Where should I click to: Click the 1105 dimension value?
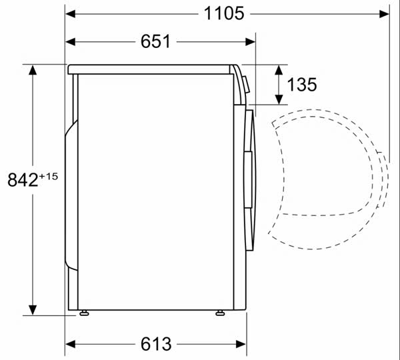[224, 13]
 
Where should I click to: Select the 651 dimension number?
[155, 41]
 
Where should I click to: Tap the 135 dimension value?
[302, 85]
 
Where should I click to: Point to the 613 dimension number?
[156, 344]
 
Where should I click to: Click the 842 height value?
[23, 179]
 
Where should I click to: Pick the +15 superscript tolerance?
[48, 176]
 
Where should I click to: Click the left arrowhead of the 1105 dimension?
[71, 14]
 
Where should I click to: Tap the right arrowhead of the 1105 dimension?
[384, 14]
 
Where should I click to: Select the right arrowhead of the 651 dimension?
[250, 42]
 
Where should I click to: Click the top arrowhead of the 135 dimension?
[279, 69]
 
